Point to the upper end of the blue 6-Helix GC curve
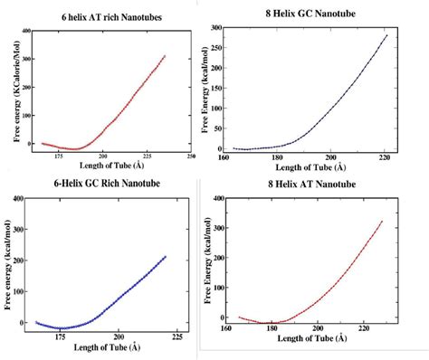(x=166, y=256)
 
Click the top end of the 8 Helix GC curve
(x=386, y=36)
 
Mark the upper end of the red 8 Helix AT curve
(x=383, y=221)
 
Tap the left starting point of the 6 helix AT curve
(x=43, y=142)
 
